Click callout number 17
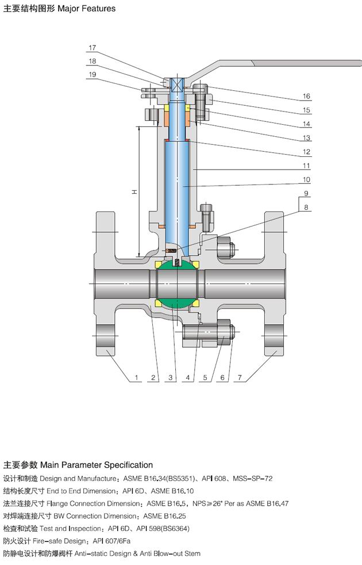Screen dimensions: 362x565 coord(93,48)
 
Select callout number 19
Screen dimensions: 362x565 coord(93,75)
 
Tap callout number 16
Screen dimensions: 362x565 coord(306,96)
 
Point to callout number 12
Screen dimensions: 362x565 coord(306,152)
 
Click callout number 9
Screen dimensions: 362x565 coord(306,194)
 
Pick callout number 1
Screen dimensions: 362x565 coord(137,378)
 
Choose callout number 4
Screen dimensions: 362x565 coord(188,378)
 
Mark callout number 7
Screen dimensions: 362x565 coord(240,378)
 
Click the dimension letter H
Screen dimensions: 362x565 coord(134,192)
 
